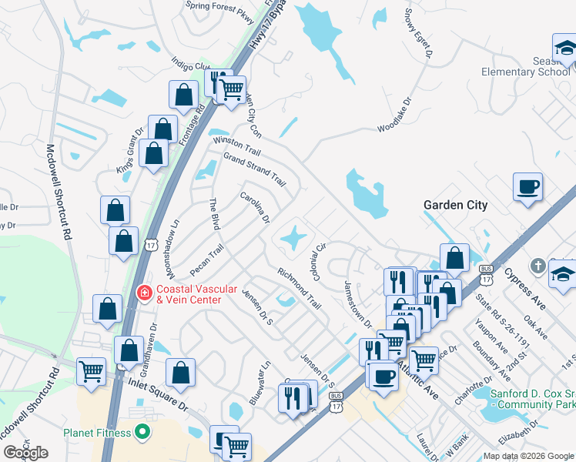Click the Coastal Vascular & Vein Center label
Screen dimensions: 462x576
pos(198,294)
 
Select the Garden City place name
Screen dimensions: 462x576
pos(456,205)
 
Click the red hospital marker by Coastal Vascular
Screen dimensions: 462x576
pos(143,293)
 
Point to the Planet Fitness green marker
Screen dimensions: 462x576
pos(142,432)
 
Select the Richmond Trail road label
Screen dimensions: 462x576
pos(299,287)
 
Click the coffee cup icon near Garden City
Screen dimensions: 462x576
pos(528,187)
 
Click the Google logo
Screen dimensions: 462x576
pos(25,453)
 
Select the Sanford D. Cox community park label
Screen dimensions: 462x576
pos(533,398)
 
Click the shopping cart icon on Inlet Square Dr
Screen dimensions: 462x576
pos(92,371)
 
